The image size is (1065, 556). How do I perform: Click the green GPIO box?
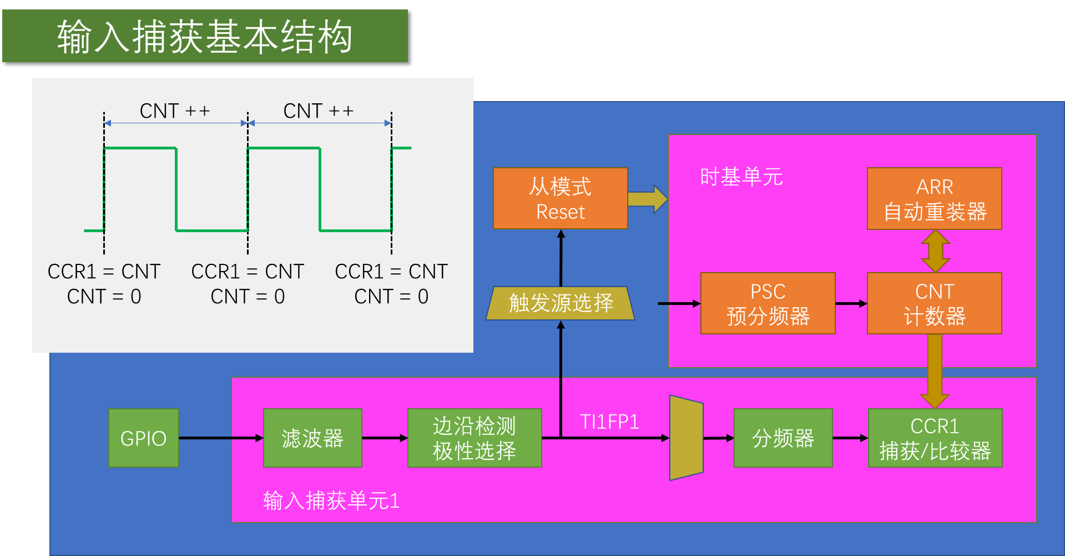click(x=144, y=438)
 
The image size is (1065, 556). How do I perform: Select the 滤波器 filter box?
click(x=312, y=438)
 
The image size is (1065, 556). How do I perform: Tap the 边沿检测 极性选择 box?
click(x=475, y=438)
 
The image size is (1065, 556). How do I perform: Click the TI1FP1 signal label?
click(x=609, y=422)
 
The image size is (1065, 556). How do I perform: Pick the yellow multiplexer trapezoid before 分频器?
click(x=687, y=438)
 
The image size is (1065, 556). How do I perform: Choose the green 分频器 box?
click(x=783, y=438)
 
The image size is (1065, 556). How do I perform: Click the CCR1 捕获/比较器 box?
click(x=935, y=438)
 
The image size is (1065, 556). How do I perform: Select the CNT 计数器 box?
click(x=935, y=303)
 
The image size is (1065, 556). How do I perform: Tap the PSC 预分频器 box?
click(x=768, y=303)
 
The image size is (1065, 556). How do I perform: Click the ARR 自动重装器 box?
click(x=935, y=199)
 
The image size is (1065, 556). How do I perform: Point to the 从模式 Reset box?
click(x=561, y=199)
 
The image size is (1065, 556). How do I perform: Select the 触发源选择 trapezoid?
click(x=561, y=303)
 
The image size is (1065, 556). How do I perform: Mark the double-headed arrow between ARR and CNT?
click(x=936, y=251)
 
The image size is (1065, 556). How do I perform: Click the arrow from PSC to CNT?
click(x=851, y=304)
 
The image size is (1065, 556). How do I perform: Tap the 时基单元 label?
click(x=741, y=177)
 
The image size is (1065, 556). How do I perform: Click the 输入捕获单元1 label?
click(x=331, y=501)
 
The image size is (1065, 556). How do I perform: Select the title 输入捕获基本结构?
click(x=205, y=37)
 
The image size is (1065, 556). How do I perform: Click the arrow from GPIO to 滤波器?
click(x=221, y=438)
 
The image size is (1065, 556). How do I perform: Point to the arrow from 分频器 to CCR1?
click(x=850, y=438)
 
